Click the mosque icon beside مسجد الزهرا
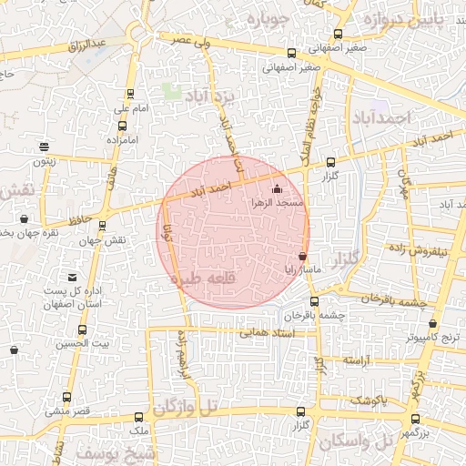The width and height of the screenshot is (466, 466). pyautogui.click(x=278, y=190)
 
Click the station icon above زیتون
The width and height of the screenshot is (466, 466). pyautogui.click(x=44, y=147)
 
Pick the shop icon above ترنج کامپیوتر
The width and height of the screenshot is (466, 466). pyautogui.click(x=432, y=323)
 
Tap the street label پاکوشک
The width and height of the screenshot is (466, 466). pyautogui.click(x=369, y=400)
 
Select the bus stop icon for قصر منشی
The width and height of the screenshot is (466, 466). pyautogui.click(x=67, y=398)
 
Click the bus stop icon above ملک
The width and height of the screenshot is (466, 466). pyautogui.click(x=139, y=412)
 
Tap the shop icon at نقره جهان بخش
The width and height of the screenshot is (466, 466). pyautogui.click(x=24, y=218)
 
